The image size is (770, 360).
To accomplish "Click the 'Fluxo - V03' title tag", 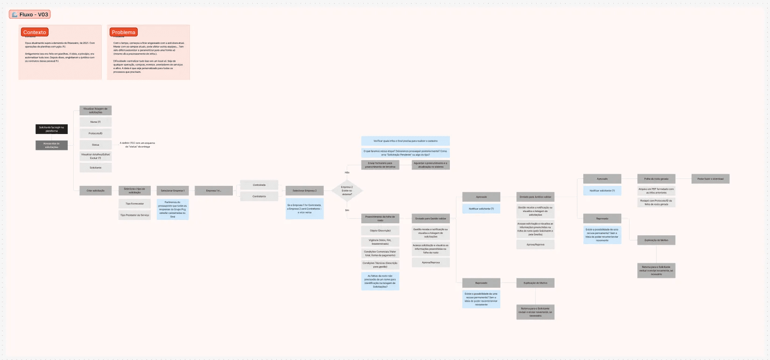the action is point(29,14).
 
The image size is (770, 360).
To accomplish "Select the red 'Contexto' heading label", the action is point(35,32).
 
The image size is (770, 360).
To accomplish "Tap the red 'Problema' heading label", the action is point(124,32).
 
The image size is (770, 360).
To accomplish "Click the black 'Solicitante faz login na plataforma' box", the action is point(51,129).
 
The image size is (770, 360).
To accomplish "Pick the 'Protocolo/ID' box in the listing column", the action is point(95,134).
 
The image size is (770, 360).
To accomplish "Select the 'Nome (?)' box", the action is point(95,122).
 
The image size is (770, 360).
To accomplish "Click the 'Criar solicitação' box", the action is point(95,191).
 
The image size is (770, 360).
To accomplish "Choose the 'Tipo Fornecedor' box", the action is point(134,204).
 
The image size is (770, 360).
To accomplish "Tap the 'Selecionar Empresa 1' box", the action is point(173,191).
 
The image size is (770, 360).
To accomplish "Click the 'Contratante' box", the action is point(259,196).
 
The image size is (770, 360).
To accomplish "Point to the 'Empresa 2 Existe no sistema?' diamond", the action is point(347,191).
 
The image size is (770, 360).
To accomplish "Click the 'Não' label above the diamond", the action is point(347,173).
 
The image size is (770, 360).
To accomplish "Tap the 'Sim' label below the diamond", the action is point(347,210).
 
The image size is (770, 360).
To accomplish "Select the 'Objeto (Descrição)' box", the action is point(380,231).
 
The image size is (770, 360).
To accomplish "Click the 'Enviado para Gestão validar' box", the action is point(431,219).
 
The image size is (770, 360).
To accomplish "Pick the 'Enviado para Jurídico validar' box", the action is point(535,197).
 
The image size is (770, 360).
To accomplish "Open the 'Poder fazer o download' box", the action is point(710,179).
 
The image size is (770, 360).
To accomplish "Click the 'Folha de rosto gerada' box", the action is point(656,179).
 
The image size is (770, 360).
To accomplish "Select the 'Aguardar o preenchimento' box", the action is point(430,165).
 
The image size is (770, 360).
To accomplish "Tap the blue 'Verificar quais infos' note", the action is point(405,141).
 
